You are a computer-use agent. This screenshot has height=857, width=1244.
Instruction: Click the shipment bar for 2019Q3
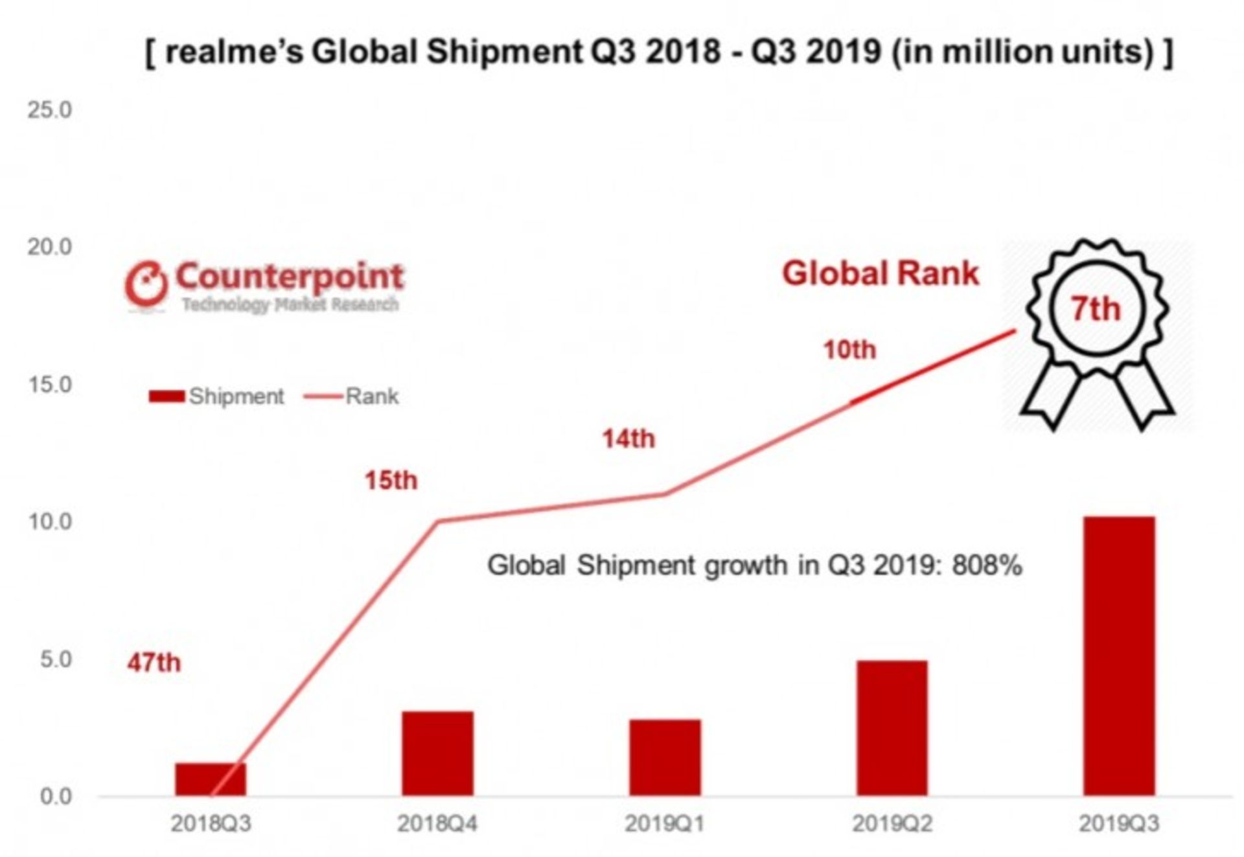point(1119,656)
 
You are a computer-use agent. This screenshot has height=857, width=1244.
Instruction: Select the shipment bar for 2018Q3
point(211,779)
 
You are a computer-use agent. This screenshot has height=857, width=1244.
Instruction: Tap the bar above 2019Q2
point(892,727)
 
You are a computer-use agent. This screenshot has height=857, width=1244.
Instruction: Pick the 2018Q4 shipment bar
point(438,753)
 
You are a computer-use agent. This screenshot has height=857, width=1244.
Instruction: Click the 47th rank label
point(154,663)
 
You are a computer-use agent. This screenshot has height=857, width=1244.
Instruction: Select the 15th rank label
point(391,481)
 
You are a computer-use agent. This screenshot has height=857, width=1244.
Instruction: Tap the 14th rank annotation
point(628,439)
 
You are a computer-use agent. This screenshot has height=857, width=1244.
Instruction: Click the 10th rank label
point(849,350)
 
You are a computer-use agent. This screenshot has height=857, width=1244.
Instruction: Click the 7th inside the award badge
point(1095,308)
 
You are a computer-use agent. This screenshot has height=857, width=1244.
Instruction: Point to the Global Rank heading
point(881,273)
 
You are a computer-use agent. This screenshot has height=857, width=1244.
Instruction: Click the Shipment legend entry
point(217,396)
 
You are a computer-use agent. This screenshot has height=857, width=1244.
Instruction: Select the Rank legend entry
point(352,396)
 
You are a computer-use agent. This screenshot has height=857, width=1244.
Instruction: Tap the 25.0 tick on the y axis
point(49,110)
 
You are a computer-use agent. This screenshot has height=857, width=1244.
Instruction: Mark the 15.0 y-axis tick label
point(49,385)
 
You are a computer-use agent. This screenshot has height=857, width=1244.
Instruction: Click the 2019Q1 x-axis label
point(665,824)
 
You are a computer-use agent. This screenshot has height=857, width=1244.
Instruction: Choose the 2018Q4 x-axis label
point(438,824)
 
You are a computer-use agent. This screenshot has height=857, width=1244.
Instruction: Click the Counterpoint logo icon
point(146,284)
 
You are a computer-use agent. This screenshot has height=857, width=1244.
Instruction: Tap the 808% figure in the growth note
point(987,566)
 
